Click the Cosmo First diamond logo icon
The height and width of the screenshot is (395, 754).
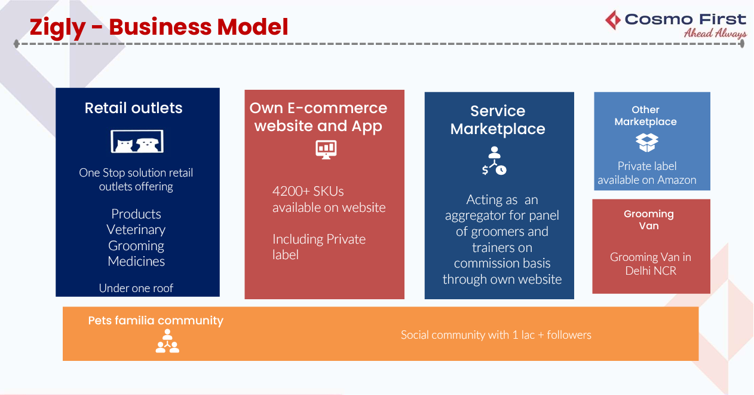pyautogui.click(x=613, y=20)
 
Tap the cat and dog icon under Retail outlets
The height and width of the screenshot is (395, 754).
pyautogui.click(x=137, y=141)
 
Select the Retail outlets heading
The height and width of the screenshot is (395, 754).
pyautogui.click(x=133, y=108)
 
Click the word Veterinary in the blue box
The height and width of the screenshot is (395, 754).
pyautogui.click(x=136, y=230)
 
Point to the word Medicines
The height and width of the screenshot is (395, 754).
pyautogui.click(x=136, y=262)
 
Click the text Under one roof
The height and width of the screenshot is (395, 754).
pyautogui.click(x=136, y=288)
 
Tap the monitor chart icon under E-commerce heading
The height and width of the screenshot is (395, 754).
pyautogui.click(x=326, y=149)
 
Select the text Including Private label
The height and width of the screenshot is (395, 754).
pyautogui.click(x=318, y=247)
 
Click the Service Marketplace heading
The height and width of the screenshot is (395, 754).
pyautogui.click(x=498, y=120)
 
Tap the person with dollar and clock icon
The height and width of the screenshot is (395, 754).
pyautogui.click(x=495, y=160)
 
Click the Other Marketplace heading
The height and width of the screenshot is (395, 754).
pyautogui.click(x=645, y=116)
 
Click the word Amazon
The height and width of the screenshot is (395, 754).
pyautogui.click(x=677, y=180)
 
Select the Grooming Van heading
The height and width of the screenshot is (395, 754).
pyautogui.click(x=648, y=220)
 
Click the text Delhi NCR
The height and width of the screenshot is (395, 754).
pyautogui.click(x=651, y=271)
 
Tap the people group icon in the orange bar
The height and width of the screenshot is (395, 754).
pyautogui.click(x=167, y=342)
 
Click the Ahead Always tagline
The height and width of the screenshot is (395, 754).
pyautogui.click(x=715, y=34)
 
